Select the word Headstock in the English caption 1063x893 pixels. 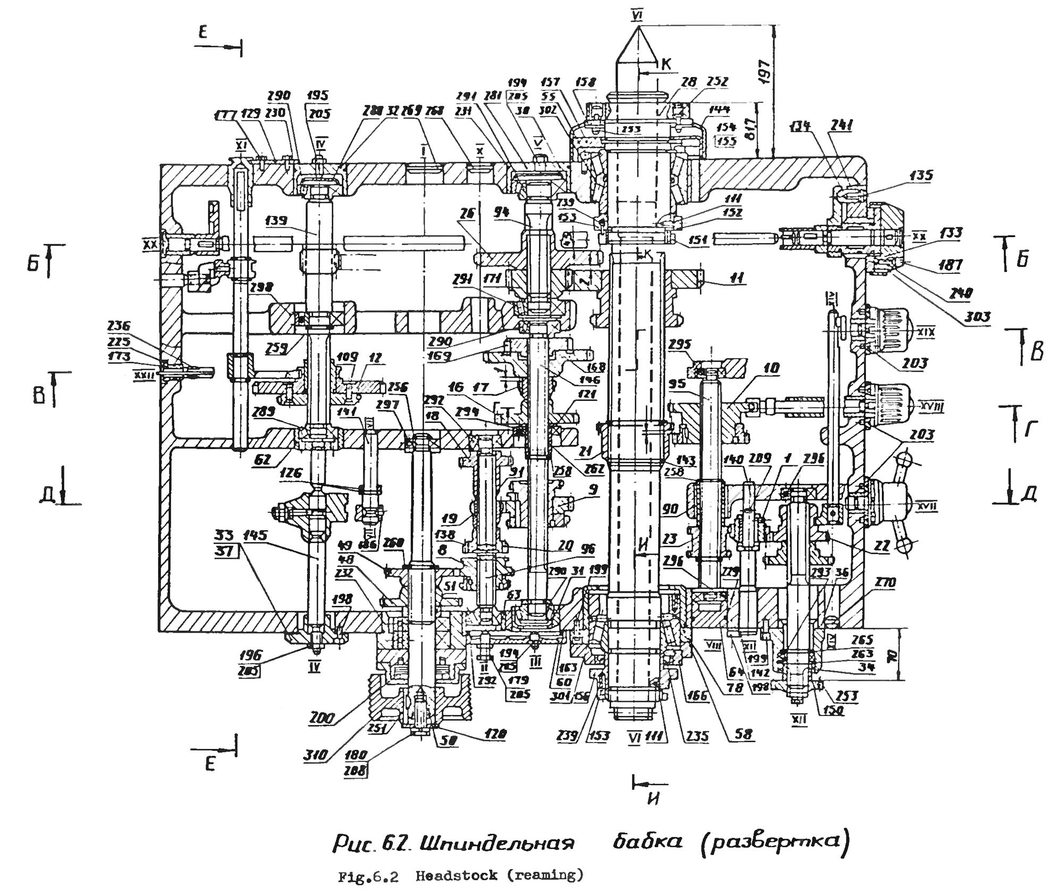point(457,875)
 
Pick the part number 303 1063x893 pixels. point(977,318)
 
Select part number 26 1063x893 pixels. point(467,214)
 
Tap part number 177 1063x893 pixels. point(225,116)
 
